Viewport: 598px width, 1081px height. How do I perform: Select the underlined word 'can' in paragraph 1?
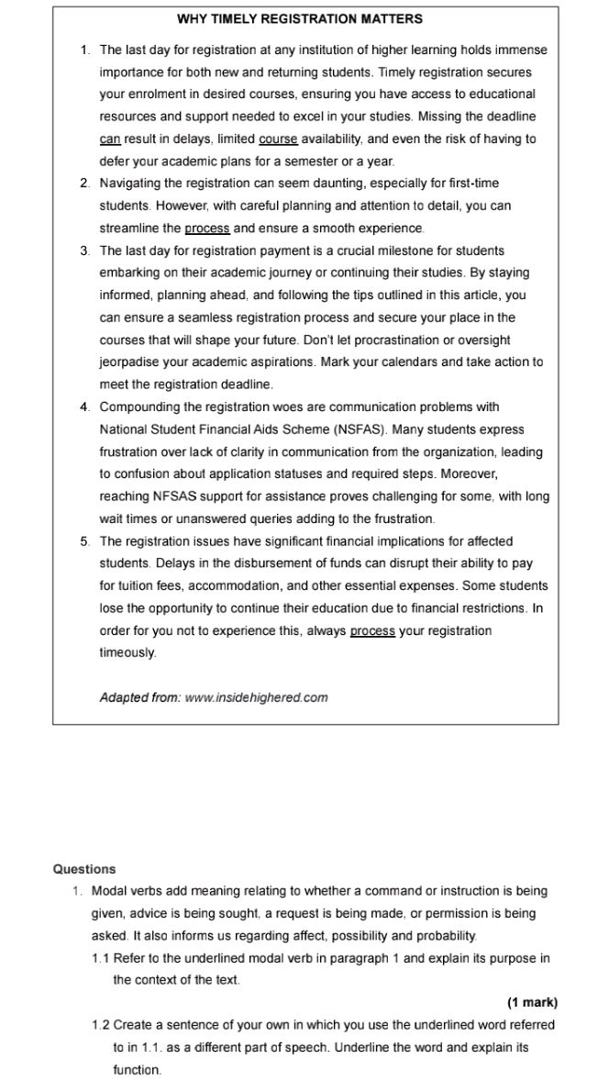(110, 139)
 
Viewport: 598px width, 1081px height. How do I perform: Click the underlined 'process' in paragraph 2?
(206, 228)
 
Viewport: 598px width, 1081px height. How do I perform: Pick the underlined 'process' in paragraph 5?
(372, 631)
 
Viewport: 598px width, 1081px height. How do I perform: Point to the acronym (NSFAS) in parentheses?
(362, 429)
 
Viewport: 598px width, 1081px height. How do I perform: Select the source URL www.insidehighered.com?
(256, 697)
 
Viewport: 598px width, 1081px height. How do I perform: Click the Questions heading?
(84, 869)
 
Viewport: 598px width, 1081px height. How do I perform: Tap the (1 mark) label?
(532, 1003)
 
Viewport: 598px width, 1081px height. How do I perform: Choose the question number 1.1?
(101, 959)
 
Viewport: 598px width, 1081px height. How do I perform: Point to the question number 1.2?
(101, 1025)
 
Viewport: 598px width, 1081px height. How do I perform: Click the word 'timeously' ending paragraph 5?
(127, 653)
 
